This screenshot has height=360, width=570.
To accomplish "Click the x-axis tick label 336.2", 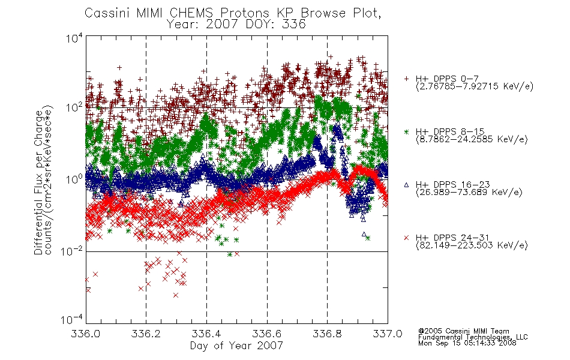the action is [146, 334].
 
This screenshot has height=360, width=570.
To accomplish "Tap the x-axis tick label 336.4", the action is [206, 334].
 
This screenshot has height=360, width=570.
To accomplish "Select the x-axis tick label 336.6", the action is [267, 334].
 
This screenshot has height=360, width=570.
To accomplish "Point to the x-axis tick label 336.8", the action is [327, 334].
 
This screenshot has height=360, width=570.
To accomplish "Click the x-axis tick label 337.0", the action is [388, 334].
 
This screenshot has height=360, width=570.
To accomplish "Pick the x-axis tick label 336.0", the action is [85, 334].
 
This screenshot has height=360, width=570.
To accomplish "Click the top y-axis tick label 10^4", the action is [74, 38].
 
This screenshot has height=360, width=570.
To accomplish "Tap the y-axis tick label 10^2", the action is [74, 107].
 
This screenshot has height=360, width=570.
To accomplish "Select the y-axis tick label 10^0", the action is [74, 179].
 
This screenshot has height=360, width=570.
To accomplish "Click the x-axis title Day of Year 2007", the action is [236, 346].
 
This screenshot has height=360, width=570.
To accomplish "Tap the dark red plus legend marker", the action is [406, 79].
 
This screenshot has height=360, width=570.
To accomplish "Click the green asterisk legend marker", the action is [406, 131].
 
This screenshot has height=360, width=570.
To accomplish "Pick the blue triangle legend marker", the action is [406, 185].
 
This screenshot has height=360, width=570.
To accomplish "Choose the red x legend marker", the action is [406, 238].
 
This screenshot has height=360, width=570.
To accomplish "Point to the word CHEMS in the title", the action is [191, 13].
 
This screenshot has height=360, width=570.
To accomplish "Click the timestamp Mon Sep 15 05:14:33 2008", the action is [467, 343].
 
